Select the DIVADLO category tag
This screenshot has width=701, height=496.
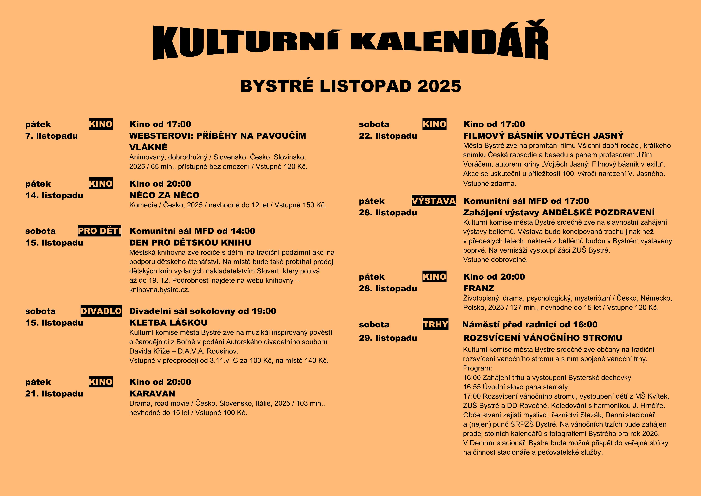click(x=101, y=311)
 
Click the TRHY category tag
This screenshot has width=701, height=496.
click(x=435, y=324)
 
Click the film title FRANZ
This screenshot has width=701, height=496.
click(x=478, y=288)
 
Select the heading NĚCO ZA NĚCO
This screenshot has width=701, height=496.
click(x=164, y=195)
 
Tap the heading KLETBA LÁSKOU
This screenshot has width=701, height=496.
click(x=168, y=323)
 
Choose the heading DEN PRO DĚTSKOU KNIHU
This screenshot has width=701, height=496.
click(x=190, y=243)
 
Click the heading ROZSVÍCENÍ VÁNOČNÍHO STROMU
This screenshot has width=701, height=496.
click(x=543, y=338)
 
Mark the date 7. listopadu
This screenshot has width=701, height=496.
click(x=51, y=136)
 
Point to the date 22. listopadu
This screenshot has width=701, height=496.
click(x=388, y=136)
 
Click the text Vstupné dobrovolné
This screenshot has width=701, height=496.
click(x=495, y=260)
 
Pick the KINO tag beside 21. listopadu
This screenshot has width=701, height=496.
click(x=101, y=382)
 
